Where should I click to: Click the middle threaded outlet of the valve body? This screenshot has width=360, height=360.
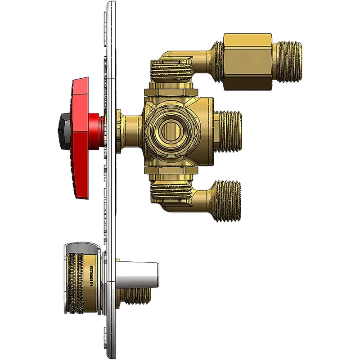click(230, 130)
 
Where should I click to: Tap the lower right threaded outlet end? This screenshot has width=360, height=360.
click(228, 201)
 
